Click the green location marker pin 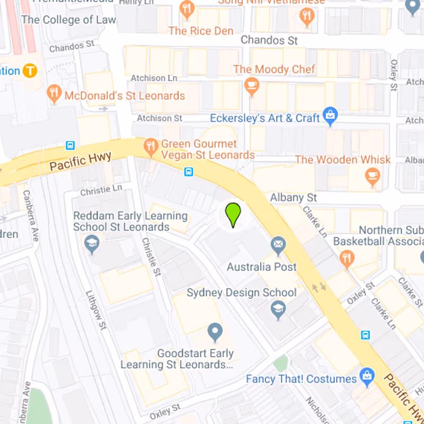pos(233,214)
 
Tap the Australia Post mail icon pos(278,245)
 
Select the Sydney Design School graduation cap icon pos(278,310)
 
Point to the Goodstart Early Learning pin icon pos(215,332)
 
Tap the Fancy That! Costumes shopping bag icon pos(366,377)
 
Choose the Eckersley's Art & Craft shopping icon pos(330,116)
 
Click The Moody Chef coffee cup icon pos(251,85)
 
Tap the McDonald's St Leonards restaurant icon pos(54,94)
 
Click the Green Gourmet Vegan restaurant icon pos(151,147)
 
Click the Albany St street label pos(294,197)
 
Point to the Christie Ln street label pos(101,190)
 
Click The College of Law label pos(68,20)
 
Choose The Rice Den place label pos(201,31)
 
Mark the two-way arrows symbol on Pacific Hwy pos(319,287)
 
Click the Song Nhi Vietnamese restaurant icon pos(306,16)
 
